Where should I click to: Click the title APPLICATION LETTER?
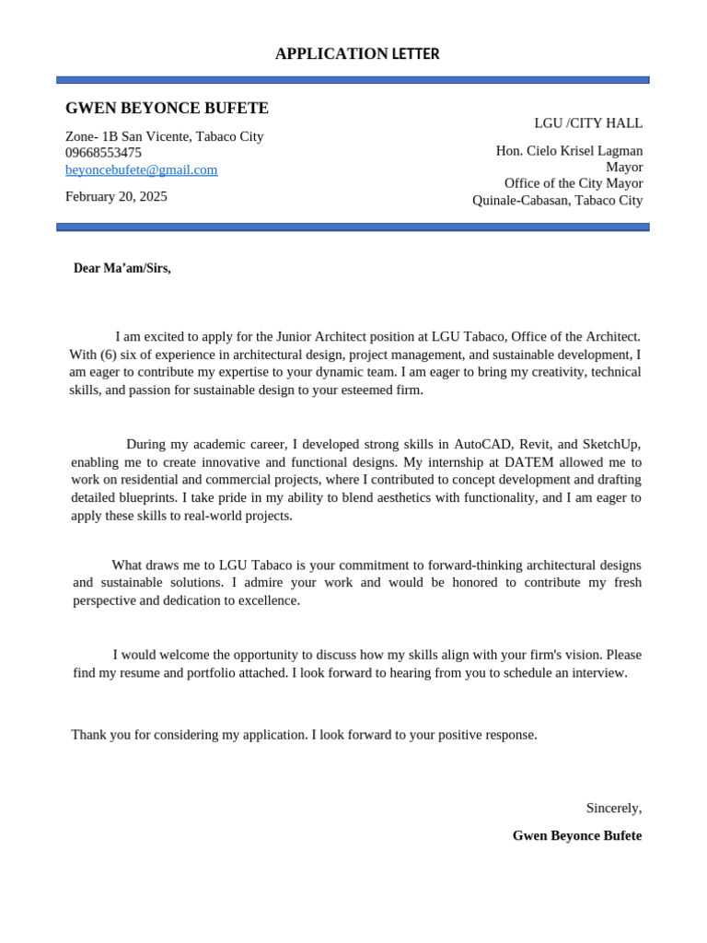click(357, 54)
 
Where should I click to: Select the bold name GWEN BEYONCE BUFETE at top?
click(167, 109)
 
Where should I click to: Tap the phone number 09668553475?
click(103, 153)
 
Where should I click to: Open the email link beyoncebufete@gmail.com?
click(141, 169)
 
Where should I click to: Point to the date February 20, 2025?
click(116, 196)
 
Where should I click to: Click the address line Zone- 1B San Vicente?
click(164, 136)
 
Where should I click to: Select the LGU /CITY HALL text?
click(588, 123)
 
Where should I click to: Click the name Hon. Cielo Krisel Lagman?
click(569, 151)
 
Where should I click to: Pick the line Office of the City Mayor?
click(573, 183)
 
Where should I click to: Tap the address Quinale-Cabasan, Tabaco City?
click(557, 200)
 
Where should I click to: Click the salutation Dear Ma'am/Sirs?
click(122, 268)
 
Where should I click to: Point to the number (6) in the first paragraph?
click(110, 355)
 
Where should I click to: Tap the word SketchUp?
click(610, 444)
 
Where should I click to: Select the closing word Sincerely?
click(613, 808)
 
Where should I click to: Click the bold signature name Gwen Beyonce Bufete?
click(576, 835)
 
